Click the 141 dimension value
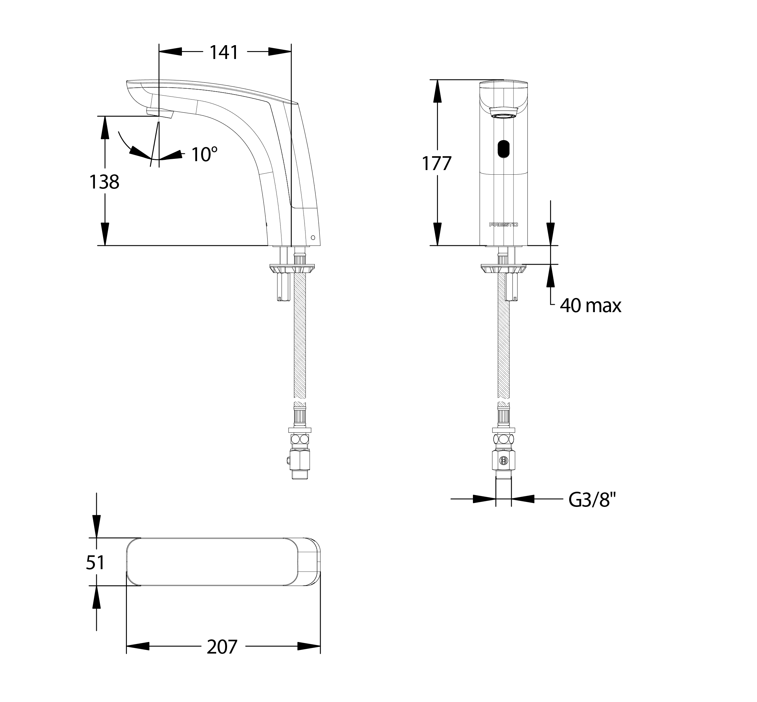tap(224, 52)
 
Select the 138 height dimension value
tap(104, 182)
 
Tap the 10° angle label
tap(204, 154)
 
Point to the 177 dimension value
tap(437, 164)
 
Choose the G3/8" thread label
tap(592, 500)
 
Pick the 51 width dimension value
tap(95, 563)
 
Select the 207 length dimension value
tap(222, 647)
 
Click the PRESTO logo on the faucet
tap(503, 224)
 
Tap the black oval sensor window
tap(503, 149)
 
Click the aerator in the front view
tap(504, 112)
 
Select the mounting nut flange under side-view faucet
tap(292, 269)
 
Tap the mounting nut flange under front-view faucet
tap(503, 269)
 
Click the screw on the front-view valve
tap(504, 460)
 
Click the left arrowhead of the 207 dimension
tap(137, 646)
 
